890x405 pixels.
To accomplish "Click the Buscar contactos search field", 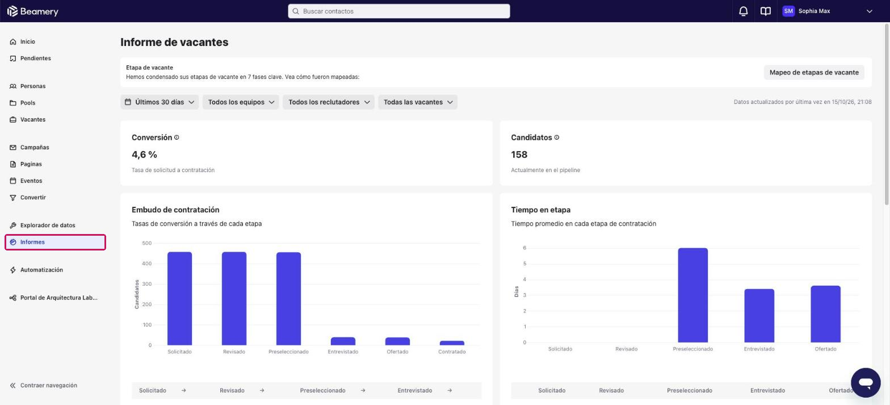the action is tap(398, 11).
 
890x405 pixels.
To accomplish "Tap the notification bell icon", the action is tap(743, 11).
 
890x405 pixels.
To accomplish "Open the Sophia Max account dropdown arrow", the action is tap(870, 11).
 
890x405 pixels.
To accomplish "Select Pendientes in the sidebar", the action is tap(35, 58).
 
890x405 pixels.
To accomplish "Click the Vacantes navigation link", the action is tap(32, 119).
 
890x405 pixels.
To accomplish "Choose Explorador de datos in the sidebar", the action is tap(48, 225).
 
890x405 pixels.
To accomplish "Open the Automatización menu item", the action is tap(41, 269).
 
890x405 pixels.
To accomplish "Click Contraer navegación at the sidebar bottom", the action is tap(48, 385).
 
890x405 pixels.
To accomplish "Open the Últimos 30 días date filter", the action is tap(159, 102).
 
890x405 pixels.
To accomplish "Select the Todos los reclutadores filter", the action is tap(328, 102).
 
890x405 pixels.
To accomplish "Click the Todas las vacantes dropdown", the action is tap(418, 102).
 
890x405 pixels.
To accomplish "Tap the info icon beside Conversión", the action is tap(177, 137).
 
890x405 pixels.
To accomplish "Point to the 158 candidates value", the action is tap(519, 154).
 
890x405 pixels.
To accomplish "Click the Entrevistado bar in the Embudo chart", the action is tap(343, 341).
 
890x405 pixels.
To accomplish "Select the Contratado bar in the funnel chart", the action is tap(452, 343).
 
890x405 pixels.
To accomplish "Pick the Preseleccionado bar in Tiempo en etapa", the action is tap(692, 295).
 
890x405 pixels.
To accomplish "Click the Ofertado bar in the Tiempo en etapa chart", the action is tap(825, 314).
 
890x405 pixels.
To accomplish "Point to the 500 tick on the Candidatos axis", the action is tap(146, 243).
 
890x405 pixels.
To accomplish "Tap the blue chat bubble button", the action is tap(866, 382).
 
